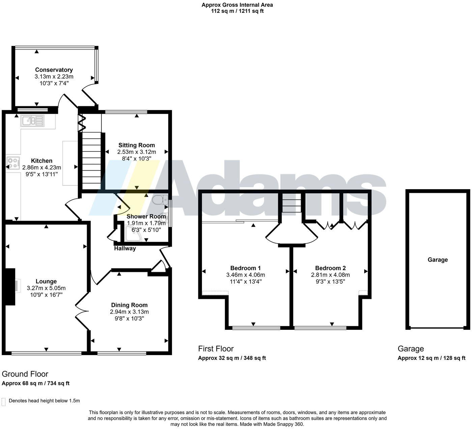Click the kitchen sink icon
point(32,121)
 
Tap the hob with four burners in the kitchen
point(13,163)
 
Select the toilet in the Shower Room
point(160,200)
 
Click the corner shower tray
point(134,234)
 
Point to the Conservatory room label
point(54,70)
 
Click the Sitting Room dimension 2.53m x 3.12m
point(137,152)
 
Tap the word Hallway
point(125,249)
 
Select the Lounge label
point(46,281)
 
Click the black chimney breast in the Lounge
point(10,287)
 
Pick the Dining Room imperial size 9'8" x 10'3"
point(129,318)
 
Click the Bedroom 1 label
point(245,268)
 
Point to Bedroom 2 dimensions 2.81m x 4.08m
point(330,275)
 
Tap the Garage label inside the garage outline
point(438,260)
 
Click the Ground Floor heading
point(25,374)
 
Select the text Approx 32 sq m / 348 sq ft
point(232,358)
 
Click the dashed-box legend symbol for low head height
point(3,402)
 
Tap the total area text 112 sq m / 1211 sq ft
point(237,11)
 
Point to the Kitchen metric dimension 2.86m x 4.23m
point(42,167)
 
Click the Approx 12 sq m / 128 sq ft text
point(432,358)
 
